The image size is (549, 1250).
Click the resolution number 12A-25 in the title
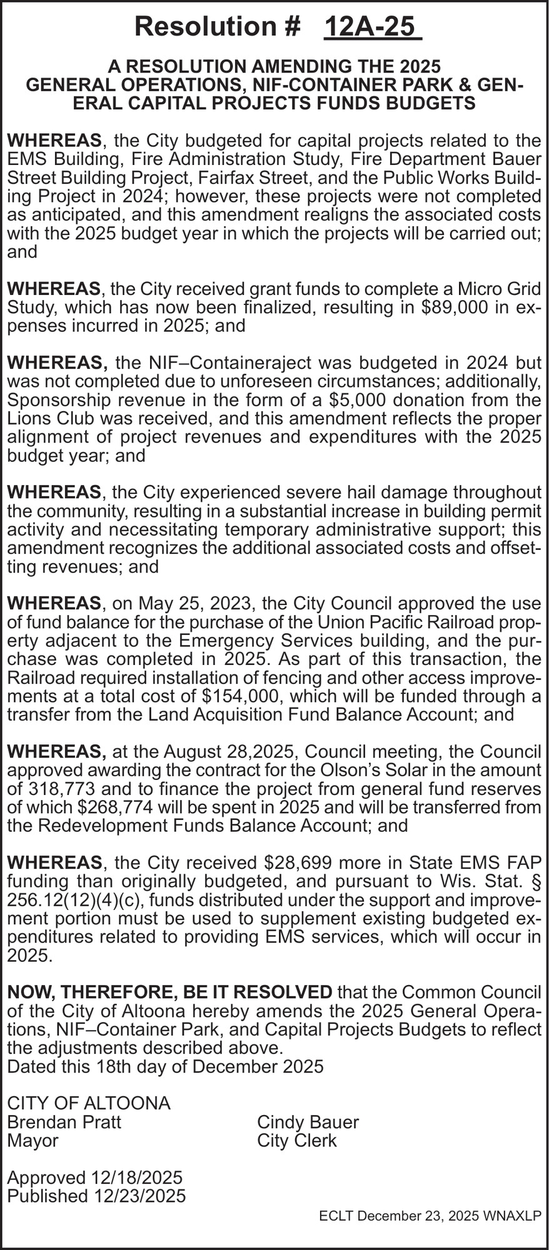point(373,27)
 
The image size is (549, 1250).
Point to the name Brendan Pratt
point(64,1122)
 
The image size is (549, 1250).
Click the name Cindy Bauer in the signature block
point(308,1122)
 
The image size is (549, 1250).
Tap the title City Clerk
point(296,1141)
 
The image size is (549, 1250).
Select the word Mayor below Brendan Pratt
point(33,1141)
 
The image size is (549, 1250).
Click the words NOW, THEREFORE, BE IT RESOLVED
point(169,992)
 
